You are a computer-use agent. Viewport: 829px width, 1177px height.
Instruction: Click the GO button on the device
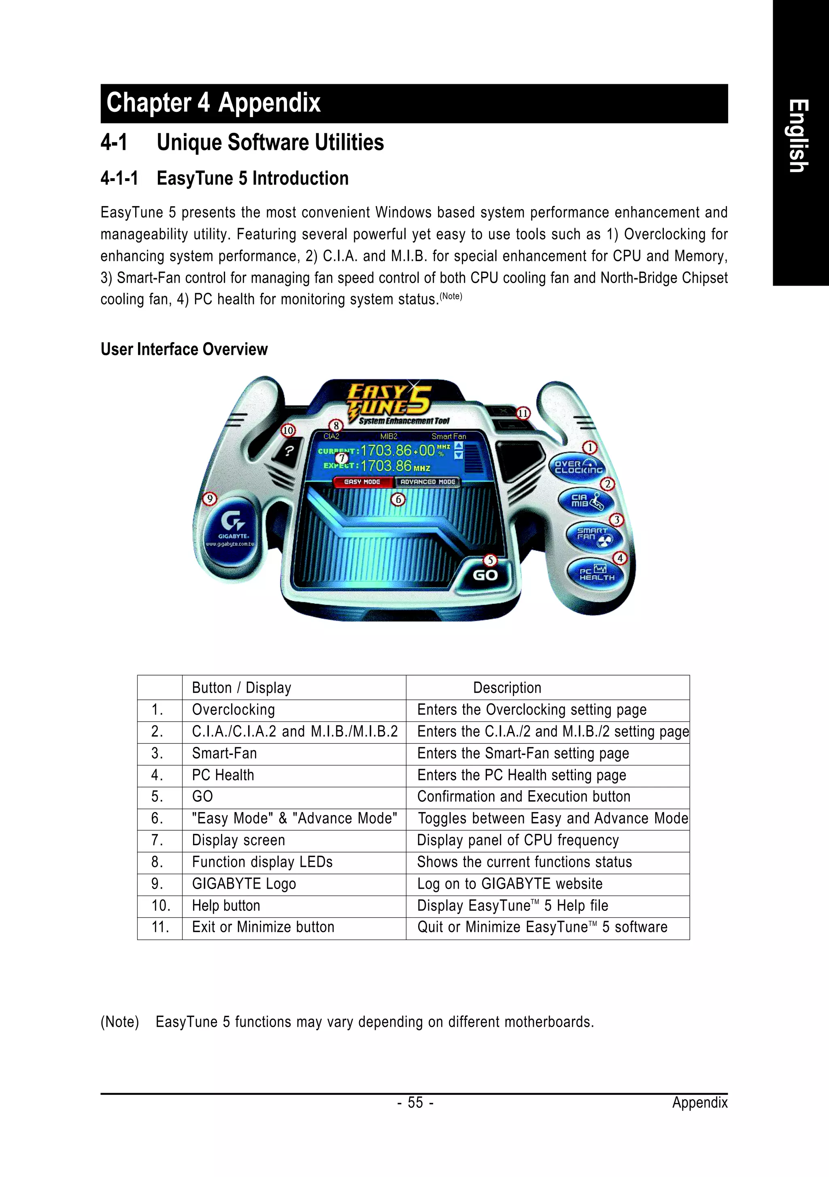484,575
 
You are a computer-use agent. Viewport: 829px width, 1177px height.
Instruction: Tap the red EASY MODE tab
362,482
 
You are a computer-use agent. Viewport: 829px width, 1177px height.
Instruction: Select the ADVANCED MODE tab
428,482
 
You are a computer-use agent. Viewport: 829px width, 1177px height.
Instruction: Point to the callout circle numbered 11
523,413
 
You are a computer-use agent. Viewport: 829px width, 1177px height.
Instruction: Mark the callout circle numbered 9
209,498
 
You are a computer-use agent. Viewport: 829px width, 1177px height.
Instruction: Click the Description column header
507,687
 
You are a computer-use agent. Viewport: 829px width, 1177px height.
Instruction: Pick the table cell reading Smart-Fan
224,753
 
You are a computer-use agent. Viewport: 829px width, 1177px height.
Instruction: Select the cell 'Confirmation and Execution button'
524,796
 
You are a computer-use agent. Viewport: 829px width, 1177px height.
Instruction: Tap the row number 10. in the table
160,905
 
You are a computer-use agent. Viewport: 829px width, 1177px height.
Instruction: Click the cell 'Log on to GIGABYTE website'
509,883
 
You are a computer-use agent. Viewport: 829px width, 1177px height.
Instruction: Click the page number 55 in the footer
415,1102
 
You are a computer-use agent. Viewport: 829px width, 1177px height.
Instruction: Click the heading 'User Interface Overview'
184,349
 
